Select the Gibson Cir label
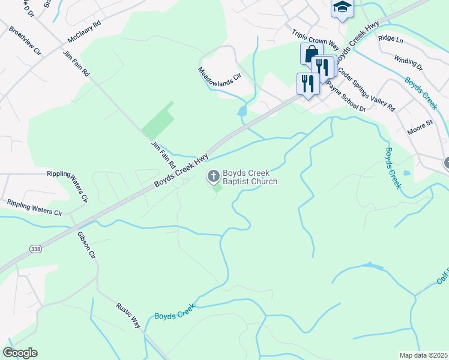coord(86,246)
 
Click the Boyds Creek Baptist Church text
coord(250,177)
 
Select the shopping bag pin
coord(311,53)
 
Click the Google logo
coord(20,353)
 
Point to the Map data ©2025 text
coord(423,355)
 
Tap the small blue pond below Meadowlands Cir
coord(242,111)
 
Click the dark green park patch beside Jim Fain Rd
coord(158,120)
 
